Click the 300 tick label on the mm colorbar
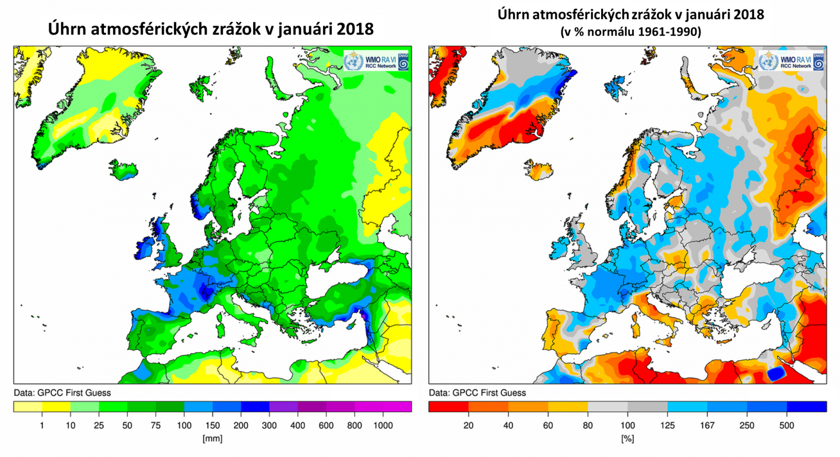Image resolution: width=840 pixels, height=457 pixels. [269, 426]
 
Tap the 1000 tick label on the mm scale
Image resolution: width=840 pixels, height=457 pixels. [383, 426]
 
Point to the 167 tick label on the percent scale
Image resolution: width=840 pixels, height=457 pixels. [707, 426]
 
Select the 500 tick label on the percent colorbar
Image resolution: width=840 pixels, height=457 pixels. [786, 426]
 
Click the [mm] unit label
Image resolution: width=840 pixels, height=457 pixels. [212, 439]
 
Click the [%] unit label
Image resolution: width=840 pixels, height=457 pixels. [627, 439]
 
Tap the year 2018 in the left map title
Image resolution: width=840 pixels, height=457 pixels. [355, 28]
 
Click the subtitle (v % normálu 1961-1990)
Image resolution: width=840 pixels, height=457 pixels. [631, 32]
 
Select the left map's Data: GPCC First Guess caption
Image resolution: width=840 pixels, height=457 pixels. [62, 392]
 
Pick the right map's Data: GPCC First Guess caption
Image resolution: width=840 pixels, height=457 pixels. [477, 392]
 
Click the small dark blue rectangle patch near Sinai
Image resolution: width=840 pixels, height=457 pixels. [776, 374]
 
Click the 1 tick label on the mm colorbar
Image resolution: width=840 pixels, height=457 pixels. [42, 426]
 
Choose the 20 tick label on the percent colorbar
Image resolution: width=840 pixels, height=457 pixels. [468, 426]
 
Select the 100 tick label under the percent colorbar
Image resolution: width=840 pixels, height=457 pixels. [627, 426]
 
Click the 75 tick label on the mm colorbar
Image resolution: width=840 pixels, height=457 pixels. [155, 426]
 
